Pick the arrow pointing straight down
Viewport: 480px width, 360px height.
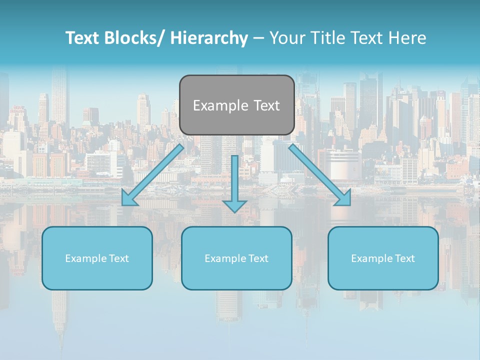click(x=234, y=180)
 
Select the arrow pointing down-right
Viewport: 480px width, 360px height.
click(x=317, y=172)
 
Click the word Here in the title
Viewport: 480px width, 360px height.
click(x=407, y=38)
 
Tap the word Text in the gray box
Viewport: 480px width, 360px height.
click(x=265, y=105)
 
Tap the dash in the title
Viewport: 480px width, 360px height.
click(x=258, y=38)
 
